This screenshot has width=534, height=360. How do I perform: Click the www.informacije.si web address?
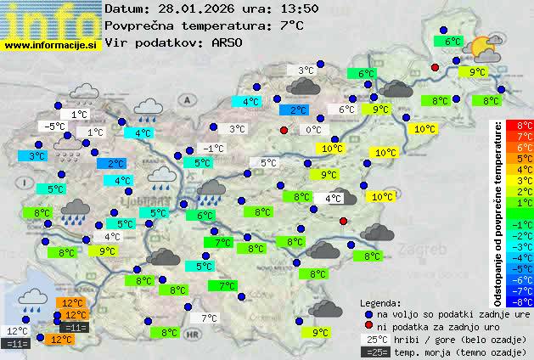[x=51, y=46]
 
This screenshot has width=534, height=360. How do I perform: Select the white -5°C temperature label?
[x=55, y=127]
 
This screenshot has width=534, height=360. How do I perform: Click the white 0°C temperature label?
[x=313, y=130]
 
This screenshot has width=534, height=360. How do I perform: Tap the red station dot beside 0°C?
[x=284, y=130]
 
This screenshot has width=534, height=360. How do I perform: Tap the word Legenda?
[x=380, y=303]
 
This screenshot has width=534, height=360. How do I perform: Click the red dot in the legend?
[x=369, y=327]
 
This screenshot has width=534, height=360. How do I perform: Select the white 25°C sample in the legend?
[x=374, y=340]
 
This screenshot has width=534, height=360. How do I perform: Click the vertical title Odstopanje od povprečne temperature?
[x=499, y=212]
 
